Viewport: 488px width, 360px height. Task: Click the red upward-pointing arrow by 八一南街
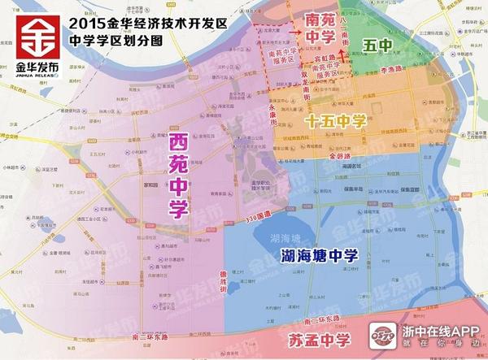point(345,55)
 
